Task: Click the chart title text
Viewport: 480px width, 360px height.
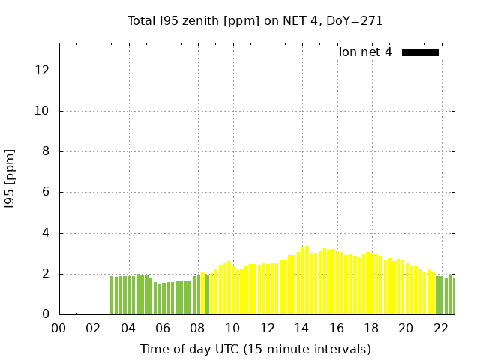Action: pos(255,21)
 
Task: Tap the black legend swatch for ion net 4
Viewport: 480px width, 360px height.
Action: pos(420,52)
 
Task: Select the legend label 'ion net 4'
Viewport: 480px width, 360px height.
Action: pos(365,52)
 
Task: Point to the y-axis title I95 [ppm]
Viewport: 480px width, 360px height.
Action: pos(10,178)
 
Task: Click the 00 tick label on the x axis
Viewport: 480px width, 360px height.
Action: pos(58,328)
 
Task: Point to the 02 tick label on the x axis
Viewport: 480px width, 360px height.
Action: pos(94,328)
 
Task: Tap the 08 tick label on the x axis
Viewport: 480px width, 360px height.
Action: pos(197,328)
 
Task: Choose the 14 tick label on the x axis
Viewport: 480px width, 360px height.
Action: pos(301,328)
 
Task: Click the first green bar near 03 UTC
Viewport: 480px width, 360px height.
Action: pos(112,295)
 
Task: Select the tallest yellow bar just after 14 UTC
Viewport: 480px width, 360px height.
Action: pos(307,280)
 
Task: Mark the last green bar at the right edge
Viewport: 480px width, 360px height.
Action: pos(452,296)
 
